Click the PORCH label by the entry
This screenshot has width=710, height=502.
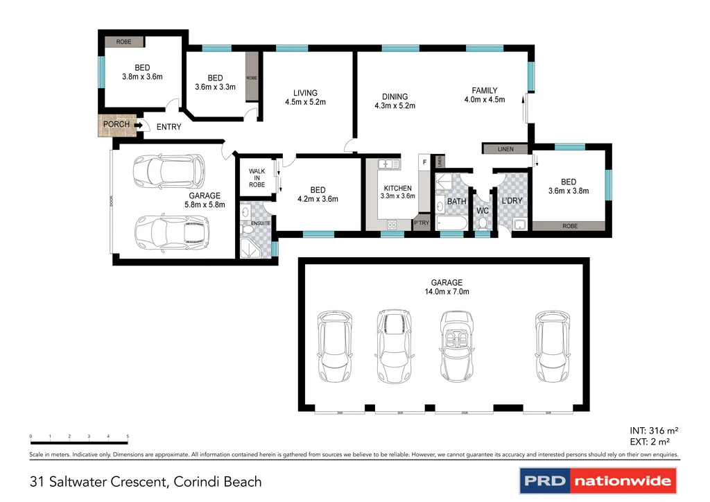pyautogui.click(x=116, y=125)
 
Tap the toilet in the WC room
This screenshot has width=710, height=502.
pyautogui.click(x=483, y=223)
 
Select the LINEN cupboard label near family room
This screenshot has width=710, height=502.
pyautogui.click(x=505, y=149)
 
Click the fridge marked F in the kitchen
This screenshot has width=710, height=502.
pyautogui.click(x=423, y=161)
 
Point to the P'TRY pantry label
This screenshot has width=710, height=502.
pyautogui.click(x=421, y=223)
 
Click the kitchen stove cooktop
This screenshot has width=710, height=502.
pyautogui.click(x=391, y=224)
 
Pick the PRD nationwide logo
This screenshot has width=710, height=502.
pyautogui.click(x=597, y=480)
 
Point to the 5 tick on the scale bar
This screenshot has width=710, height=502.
pyautogui.click(x=128, y=436)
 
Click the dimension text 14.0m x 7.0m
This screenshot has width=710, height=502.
pyautogui.click(x=447, y=292)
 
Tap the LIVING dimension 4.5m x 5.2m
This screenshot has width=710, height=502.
pyautogui.click(x=305, y=102)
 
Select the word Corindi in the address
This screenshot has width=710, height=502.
pyautogui.click(x=197, y=481)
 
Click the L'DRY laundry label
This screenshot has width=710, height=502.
pyautogui.click(x=511, y=201)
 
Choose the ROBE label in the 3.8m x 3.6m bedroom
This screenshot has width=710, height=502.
pyautogui.click(x=123, y=42)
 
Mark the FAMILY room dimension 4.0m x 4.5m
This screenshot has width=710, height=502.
pyautogui.click(x=485, y=100)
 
